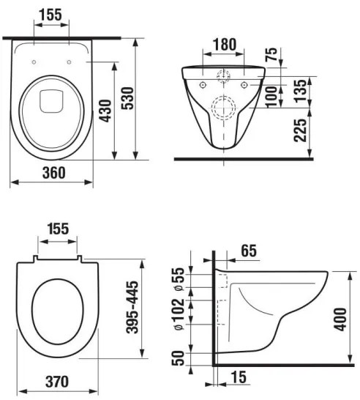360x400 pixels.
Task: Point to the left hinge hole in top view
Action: (36, 62)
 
